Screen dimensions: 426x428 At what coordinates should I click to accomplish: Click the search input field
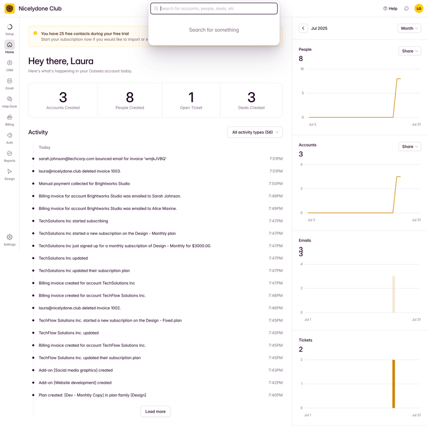tap(217, 9)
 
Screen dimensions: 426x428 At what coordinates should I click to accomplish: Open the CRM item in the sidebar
tap(10, 65)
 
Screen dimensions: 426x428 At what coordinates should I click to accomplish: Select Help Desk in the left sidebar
tap(10, 102)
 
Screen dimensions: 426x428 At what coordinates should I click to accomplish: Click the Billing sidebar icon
tap(10, 120)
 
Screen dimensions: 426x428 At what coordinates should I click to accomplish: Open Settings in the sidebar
tap(10, 240)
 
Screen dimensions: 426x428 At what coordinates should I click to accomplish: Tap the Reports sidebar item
tap(10, 156)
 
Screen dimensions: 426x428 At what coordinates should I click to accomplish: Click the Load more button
tap(155, 412)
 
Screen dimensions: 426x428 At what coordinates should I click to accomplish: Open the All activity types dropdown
tap(255, 132)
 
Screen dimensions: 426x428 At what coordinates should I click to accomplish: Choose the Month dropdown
tap(409, 28)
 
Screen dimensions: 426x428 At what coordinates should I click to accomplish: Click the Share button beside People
tap(410, 51)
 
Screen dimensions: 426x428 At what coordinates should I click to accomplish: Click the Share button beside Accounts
tap(410, 147)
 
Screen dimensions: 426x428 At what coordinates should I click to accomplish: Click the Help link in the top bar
tap(391, 9)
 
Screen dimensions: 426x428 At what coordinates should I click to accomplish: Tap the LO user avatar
tap(419, 9)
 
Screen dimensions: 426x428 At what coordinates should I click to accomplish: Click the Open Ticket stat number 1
tap(191, 97)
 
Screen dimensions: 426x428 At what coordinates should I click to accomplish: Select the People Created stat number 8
tap(129, 97)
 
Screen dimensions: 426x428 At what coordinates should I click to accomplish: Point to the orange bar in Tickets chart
tap(394, 384)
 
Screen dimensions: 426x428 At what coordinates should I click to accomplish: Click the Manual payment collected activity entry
tap(84, 184)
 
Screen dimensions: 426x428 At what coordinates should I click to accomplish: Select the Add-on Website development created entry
tap(75, 383)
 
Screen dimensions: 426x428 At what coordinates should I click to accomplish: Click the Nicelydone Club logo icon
tap(10, 9)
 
